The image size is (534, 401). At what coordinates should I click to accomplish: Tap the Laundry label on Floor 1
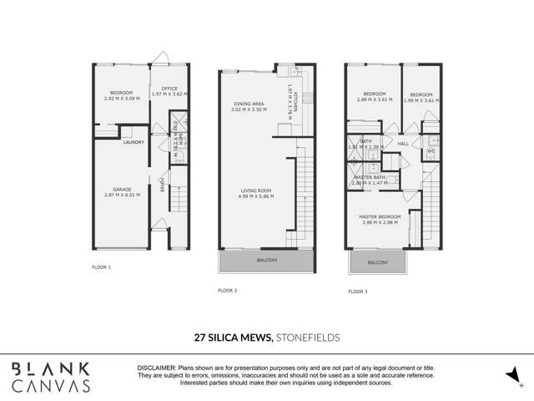(133, 142)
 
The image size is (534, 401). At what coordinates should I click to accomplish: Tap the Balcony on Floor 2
(267, 261)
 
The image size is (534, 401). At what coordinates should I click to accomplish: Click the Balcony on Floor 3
(377, 262)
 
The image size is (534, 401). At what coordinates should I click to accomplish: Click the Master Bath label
(368, 179)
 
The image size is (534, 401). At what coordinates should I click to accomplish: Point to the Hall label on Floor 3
(402, 145)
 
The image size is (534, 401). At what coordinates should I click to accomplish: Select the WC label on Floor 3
(431, 151)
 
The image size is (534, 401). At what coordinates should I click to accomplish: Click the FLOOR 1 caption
(101, 267)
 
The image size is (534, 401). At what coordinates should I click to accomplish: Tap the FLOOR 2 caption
(228, 290)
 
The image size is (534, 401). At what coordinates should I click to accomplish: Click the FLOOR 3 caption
(357, 291)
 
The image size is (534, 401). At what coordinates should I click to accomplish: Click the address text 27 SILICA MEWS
(233, 338)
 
